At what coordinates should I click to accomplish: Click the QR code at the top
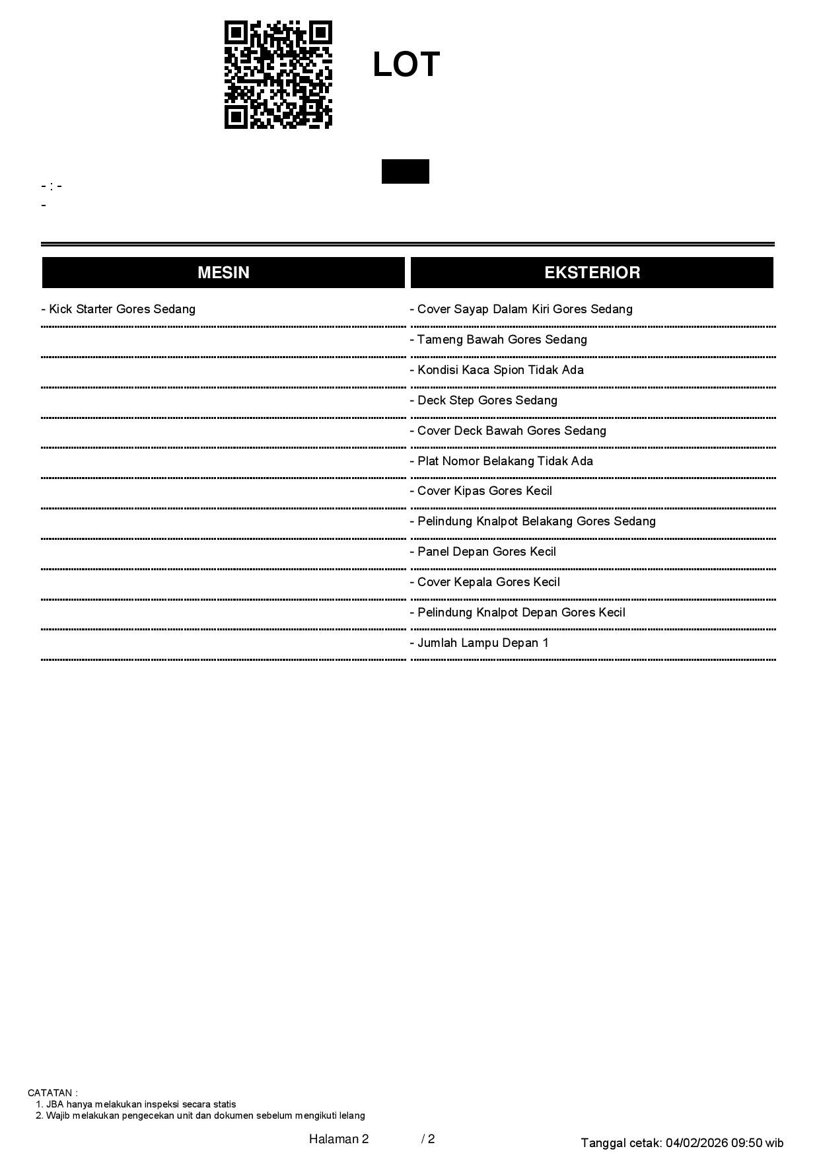click(x=278, y=75)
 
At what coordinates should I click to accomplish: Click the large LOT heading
click(x=406, y=65)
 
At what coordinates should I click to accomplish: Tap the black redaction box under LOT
click(x=405, y=171)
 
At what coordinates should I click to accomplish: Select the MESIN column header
click(x=223, y=272)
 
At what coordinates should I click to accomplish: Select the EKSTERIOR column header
click(x=592, y=272)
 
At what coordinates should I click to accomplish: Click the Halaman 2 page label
click(x=338, y=1139)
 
